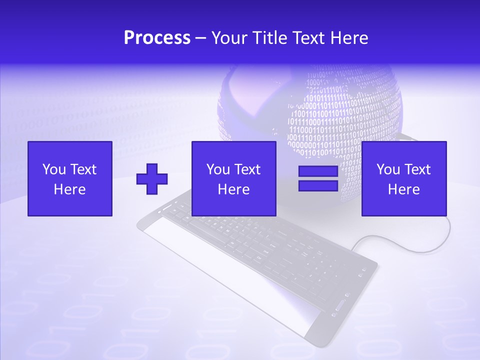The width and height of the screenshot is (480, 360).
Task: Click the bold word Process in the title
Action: point(157,38)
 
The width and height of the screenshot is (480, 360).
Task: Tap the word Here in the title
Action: point(349,38)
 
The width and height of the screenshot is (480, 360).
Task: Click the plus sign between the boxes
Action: point(152,179)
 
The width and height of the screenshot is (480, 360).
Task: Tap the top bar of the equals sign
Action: point(318,171)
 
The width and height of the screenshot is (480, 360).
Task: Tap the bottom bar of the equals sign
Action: point(318,185)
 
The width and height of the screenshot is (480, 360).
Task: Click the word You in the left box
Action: point(54,169)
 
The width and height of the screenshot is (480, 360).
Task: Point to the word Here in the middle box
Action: point(234,189)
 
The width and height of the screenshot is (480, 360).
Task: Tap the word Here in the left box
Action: point(70,189)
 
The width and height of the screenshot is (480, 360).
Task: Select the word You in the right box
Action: point(388,169)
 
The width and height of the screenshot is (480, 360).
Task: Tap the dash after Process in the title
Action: point(201,38)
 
